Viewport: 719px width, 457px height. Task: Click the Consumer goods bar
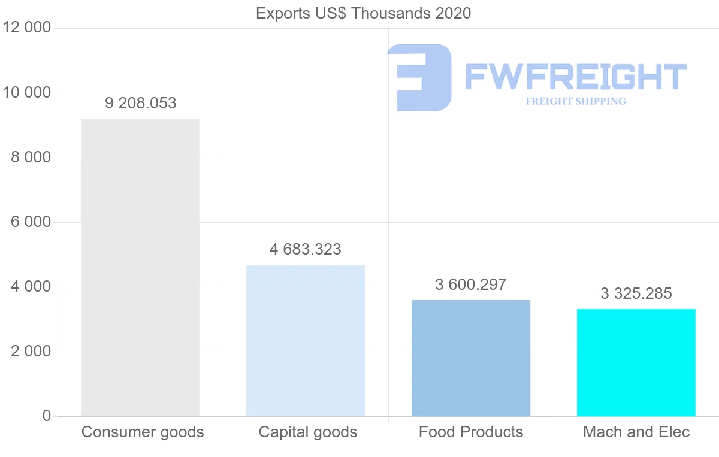(x=140, y=267)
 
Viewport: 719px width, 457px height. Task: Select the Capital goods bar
(x=306, y=340)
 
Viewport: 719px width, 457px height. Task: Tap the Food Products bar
(x=471, y=358)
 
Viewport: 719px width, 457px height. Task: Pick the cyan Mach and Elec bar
(x=636, y=362)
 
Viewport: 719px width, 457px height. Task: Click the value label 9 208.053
(x=141, y=103)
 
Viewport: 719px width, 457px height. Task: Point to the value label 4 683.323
(x=306, y=249)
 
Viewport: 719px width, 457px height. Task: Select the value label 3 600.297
(x=471, y=285)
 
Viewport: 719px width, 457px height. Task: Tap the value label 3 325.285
(x=636, y=293)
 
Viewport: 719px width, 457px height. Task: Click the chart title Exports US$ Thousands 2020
(x=363, y=13)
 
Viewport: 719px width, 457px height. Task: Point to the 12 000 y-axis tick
(x=26, y=28)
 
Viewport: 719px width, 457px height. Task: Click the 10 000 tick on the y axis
(x=26, y=93)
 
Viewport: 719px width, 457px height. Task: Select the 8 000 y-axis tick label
(x=31, y=158)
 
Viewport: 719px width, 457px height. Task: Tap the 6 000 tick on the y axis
(x=31, y=222)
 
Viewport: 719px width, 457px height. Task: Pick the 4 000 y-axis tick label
(x=31, y=287)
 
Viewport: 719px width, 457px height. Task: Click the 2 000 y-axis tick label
(x=31, y=352)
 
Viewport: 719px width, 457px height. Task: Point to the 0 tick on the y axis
(x=46, y=416)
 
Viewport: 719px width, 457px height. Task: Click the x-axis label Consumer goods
(x=143, y=432)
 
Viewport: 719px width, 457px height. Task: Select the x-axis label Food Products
(x=471, y=432)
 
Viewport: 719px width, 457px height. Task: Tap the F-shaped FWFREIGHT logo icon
(x=419, y=77)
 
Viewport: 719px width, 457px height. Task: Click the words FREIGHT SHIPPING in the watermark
(x=576, y=101)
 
